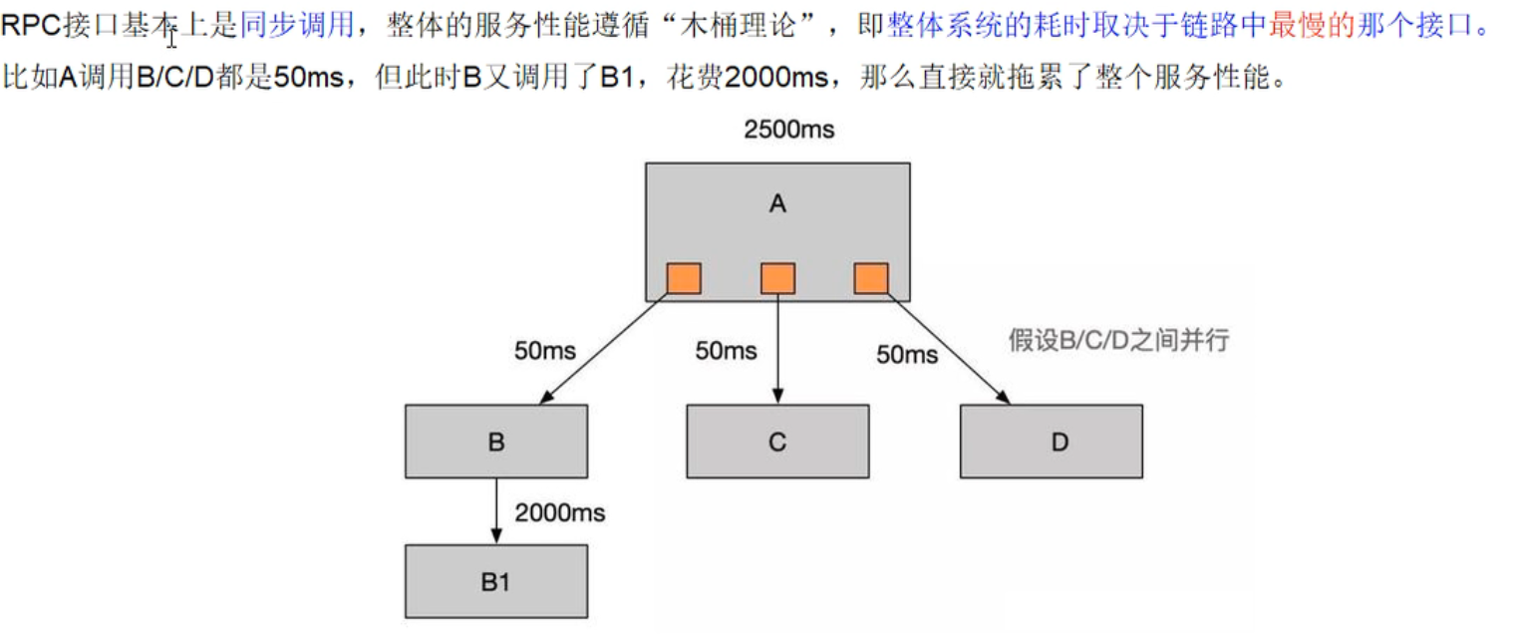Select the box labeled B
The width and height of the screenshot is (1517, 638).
coord(496,442)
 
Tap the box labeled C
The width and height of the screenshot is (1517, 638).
coord(777,442)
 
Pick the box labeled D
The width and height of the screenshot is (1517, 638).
coord(1052,442)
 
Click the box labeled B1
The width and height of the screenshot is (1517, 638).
coord(496,581)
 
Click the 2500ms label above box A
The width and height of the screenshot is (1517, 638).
coord(788,130)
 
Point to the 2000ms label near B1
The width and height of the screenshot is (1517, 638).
coord(560,513)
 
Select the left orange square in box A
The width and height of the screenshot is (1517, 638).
coord(684,278)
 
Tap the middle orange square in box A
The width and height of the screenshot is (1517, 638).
coord(777,278)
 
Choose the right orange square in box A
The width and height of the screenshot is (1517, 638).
coord(871,278)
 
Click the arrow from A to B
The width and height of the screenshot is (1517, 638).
coord(603,349)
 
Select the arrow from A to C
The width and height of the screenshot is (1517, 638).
coord(777,349)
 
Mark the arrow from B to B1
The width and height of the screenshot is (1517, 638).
coord(496,510)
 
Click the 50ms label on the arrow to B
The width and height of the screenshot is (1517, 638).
coord(545,351)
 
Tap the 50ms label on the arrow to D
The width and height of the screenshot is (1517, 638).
coord(907,354)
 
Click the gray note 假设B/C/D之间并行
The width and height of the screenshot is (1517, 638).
coord(1119,341)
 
